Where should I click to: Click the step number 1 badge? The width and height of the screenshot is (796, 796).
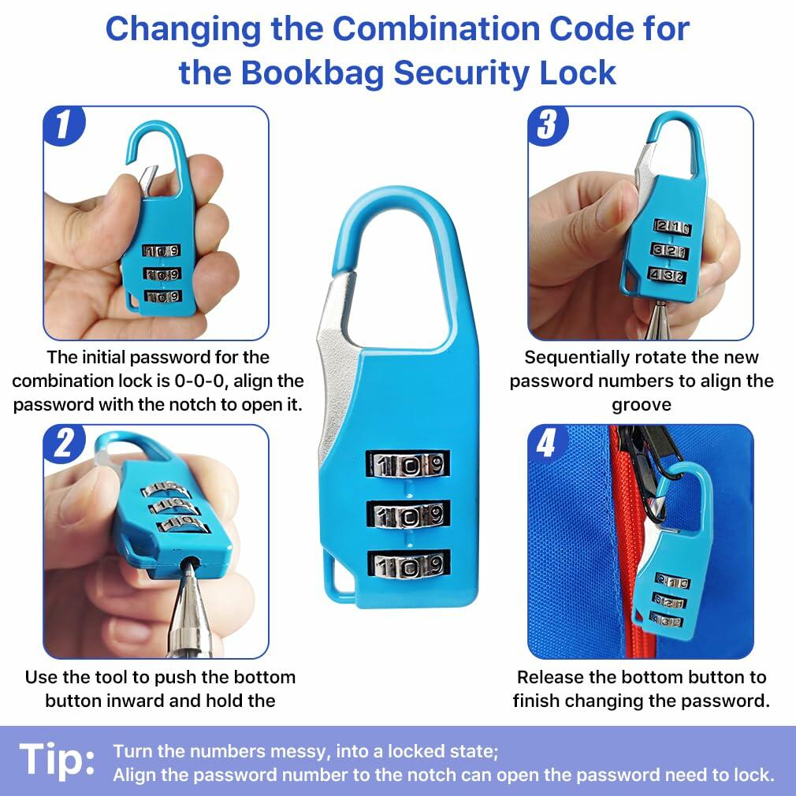point(64,125)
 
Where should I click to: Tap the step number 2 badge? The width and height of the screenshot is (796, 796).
point(64,444)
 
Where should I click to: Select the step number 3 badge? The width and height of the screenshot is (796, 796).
point(548,125)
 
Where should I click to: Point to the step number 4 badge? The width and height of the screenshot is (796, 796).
point(548,444)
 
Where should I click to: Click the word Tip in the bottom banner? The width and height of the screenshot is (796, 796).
point(57,760)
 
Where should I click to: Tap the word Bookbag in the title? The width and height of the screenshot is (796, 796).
point(311,73)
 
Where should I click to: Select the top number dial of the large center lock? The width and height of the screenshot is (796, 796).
point(408,464)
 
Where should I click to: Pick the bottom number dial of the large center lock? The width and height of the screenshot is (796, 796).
point(409,564)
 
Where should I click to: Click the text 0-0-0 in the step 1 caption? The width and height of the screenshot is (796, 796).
point(199,381)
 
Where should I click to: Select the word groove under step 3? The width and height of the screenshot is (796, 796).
point(642,405)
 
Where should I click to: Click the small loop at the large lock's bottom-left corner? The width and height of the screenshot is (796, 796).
point(337,576)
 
